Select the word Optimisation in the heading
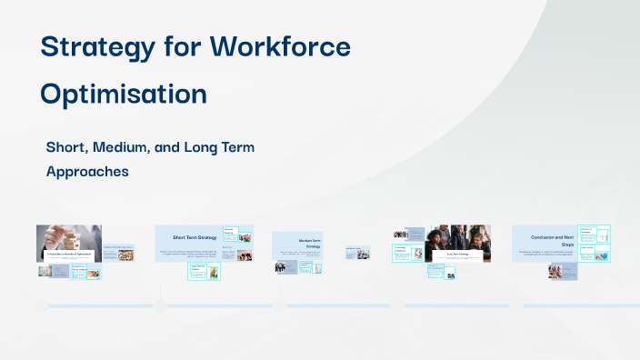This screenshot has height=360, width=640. point(124,94)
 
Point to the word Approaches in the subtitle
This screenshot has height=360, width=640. point(87,170)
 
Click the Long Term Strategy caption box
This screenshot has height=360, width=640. point(457,255)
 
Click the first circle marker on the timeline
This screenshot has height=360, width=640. point(40,306)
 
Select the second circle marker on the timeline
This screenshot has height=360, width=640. point(160,306)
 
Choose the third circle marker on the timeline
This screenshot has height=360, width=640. point(278,306)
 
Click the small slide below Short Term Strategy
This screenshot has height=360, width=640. point(204,271)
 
